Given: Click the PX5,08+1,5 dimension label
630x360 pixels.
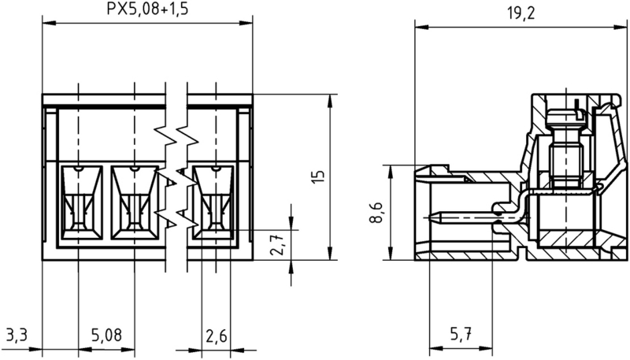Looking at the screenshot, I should [x=148, y=9].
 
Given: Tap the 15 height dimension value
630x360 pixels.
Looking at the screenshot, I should [x=317, y=176].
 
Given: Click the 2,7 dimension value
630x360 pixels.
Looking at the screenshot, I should [x=277, y=247].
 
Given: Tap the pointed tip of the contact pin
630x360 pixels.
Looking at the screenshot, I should [x=432, y=213].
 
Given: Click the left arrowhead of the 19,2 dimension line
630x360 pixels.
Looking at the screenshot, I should [x=418, y=28].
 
